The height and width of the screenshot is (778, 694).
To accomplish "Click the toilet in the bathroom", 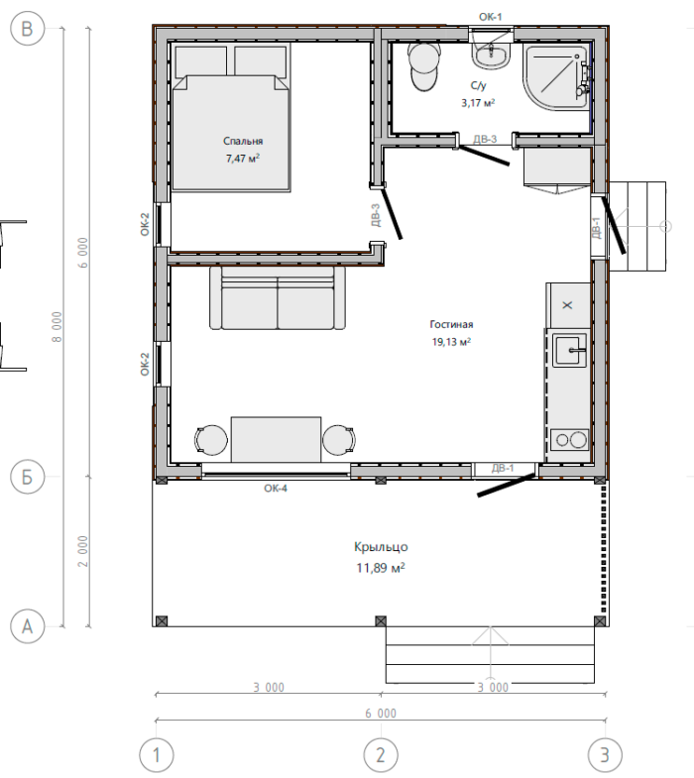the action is [x=424, y=66].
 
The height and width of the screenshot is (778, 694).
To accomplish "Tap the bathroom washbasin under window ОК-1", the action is [x=491, y=56].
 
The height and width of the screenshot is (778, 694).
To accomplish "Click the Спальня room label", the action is [x=243, y=141].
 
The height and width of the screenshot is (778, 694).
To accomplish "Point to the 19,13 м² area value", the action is [x=451, y=342].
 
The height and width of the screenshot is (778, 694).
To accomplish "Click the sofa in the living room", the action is [x=277, y=297].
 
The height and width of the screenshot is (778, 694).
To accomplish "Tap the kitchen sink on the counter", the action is [x=569, y=350].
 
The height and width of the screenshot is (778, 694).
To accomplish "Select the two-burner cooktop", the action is [x=569, y=440].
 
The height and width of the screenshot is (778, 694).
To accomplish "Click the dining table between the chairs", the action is [x=276, y=440].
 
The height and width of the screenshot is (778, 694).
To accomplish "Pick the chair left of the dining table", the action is [x=211, y=440].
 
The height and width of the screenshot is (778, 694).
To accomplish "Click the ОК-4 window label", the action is [x=276, y=489].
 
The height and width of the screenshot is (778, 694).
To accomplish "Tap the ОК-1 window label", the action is [x=491, y=17].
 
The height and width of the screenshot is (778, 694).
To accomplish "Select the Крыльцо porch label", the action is [x=381, y=547].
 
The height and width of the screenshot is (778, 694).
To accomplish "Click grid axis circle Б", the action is [x=28, y=477].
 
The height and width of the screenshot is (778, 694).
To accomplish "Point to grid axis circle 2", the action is [x=381, y=755].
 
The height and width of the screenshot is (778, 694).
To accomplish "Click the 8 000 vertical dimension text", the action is [x=57, y=326].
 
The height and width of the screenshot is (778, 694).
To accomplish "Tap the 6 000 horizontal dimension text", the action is [x=381, y=714].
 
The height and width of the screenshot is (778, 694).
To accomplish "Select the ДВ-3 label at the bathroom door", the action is [x=485, y=139].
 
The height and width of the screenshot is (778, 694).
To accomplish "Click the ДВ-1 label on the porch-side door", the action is [x=503, y=468].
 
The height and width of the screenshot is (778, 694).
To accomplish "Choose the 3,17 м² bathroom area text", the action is [x=478, y=103].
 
